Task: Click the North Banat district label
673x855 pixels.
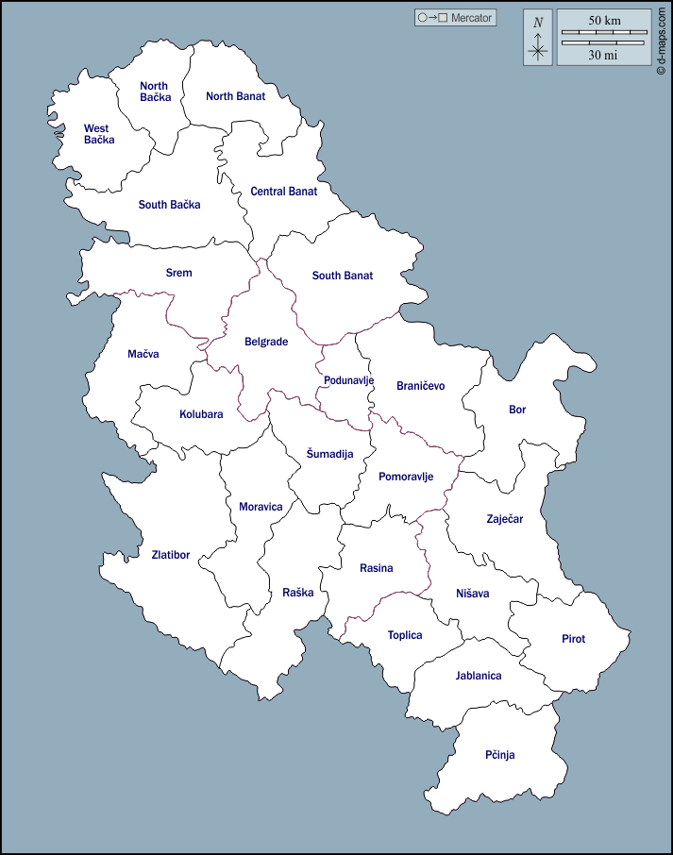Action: click(235, 95)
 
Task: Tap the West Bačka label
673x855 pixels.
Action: click(98, 134)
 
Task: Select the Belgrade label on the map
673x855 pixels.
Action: click(265, 342)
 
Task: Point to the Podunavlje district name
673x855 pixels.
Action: click(348, 380)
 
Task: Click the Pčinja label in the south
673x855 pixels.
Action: click(499, 755)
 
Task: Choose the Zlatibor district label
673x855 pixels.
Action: click(170, 555)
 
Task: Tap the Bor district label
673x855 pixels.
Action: click(517, 410)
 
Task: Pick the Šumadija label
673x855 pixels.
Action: click(329, 454)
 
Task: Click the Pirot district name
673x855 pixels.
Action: click(573, 639)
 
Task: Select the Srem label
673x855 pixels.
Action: click(178, 273)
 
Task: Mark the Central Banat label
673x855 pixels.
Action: click(283, 191)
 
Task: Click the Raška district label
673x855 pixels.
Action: click(297, 593)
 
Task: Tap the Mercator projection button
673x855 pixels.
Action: click(455, 18)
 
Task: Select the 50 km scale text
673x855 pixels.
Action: click(604, 21)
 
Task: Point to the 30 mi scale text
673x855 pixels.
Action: click(603, 55)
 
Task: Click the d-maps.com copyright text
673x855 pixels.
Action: click(662, 38)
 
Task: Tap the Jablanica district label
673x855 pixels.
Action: click(478, 676)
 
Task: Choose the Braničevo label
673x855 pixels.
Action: click(420, 385)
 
